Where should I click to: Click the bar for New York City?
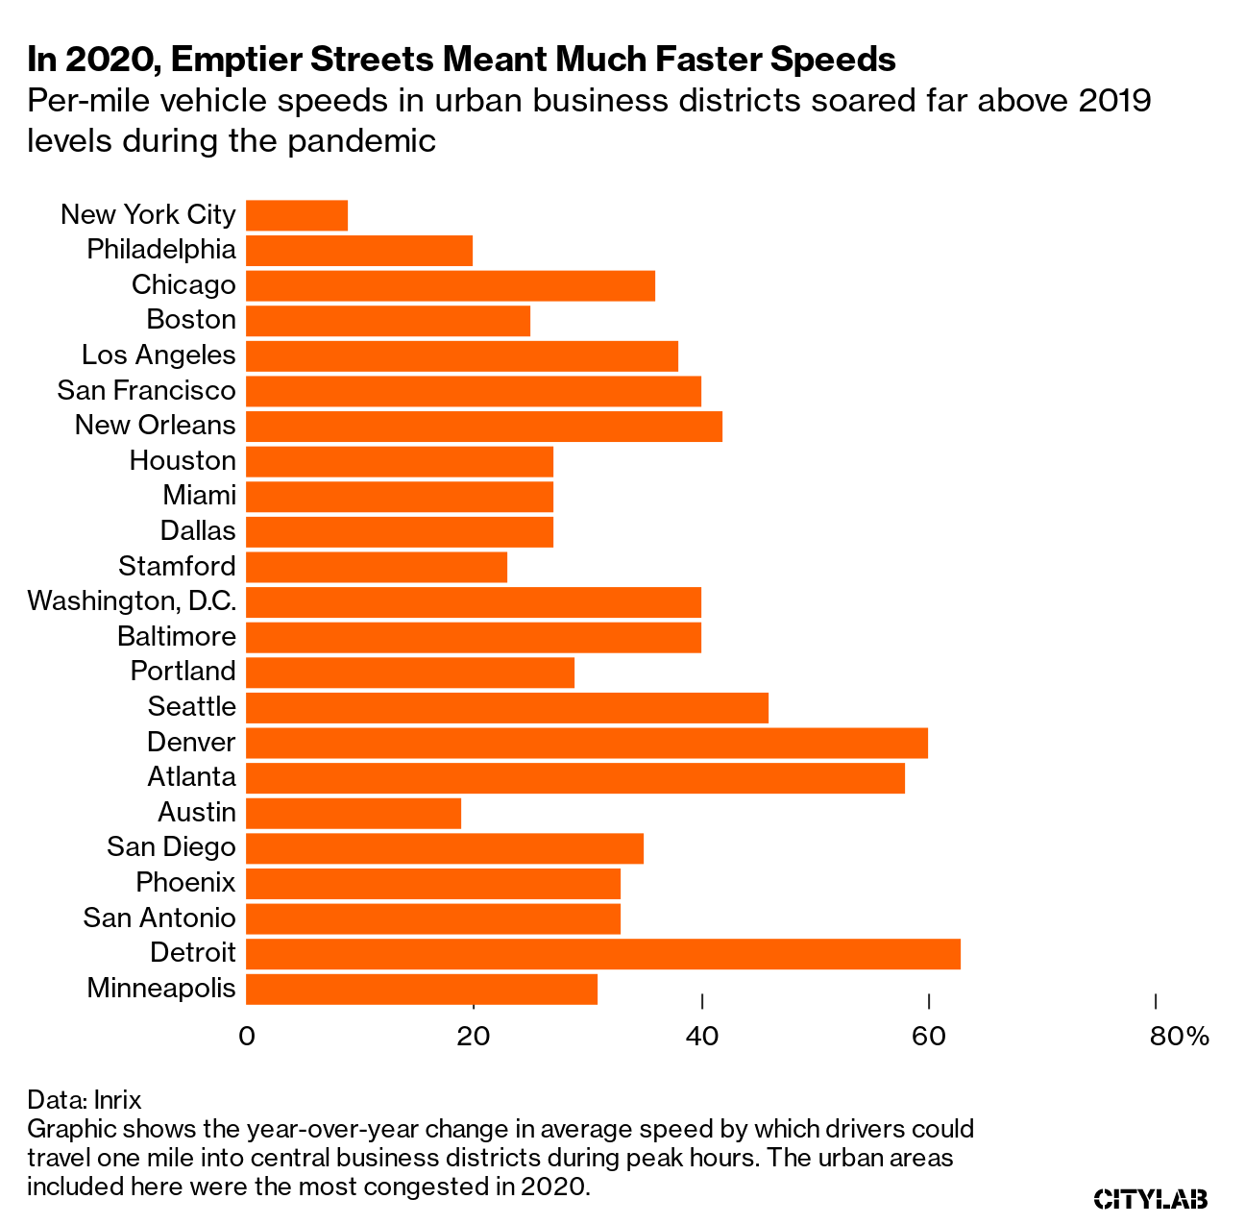pos(297,215)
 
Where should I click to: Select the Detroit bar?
pos(603,954)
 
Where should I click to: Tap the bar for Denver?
pos(587,743)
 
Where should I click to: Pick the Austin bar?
pos(354,813)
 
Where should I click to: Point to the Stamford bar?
pos(377,567)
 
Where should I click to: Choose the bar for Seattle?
pos(507,707)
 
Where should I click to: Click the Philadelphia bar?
pos(359,251)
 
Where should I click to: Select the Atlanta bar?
pos(575,778)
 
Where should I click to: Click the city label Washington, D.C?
pos(132,601)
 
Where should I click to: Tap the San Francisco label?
pos(146,390)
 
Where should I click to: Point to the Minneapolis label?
pos(161,988)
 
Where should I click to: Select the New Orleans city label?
pos(155,425)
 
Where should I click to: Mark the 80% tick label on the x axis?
pos(1179,1037)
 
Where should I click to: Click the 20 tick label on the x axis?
pos(473,1037)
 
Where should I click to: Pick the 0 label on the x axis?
pos(247,1037)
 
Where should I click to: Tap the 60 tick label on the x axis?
pos(928,1037)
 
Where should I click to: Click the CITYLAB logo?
pos(1151,1198)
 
